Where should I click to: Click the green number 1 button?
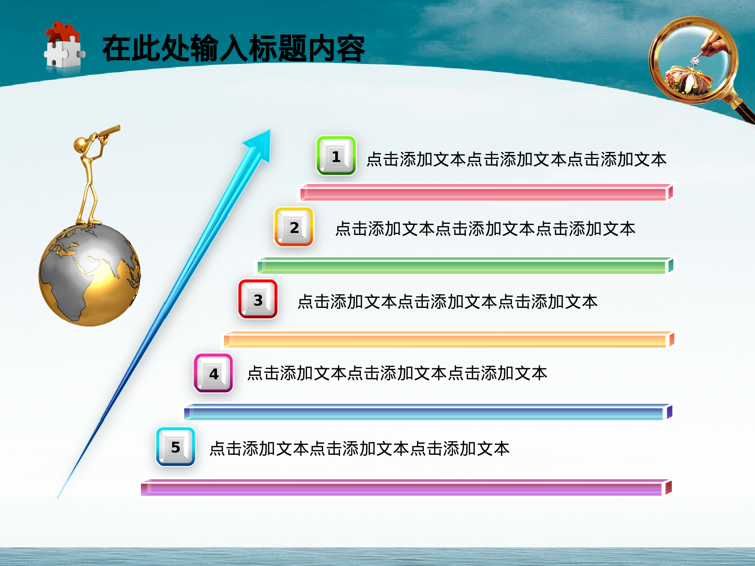pos(336,156)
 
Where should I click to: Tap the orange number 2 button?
pos(293,227)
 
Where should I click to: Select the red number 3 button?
pos(258,299)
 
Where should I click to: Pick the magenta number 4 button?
pos(213,373)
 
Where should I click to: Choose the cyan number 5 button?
pos(175,447)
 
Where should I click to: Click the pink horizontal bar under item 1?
pos(486,193)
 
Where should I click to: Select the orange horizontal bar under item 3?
pos(448,340)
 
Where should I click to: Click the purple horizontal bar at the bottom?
pos(405,488)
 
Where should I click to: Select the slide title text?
pos(233,49)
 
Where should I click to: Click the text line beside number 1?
pos(516,159)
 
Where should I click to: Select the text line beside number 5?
pos(359,448)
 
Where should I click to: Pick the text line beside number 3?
pos(447,302)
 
